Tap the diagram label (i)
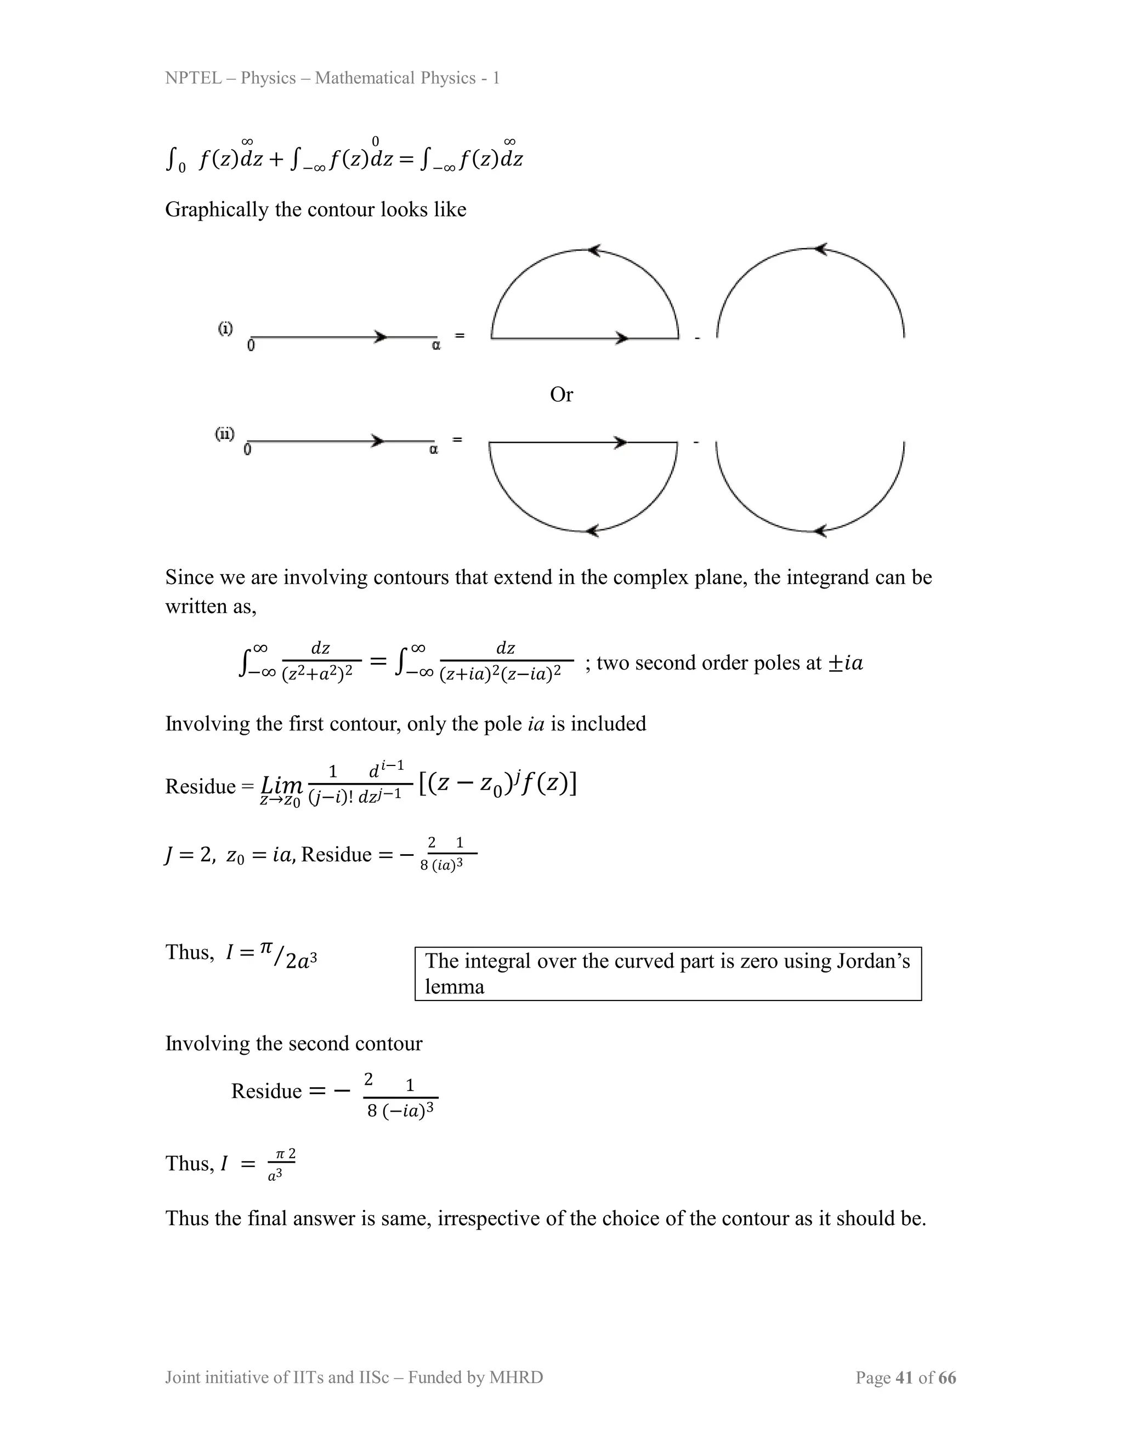225,328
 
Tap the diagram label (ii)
224,434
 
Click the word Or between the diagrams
561,395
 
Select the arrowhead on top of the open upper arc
821,249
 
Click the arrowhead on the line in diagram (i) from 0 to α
381,337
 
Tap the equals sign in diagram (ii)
457,439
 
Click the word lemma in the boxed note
455,987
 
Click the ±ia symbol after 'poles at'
845,664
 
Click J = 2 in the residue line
190,855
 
